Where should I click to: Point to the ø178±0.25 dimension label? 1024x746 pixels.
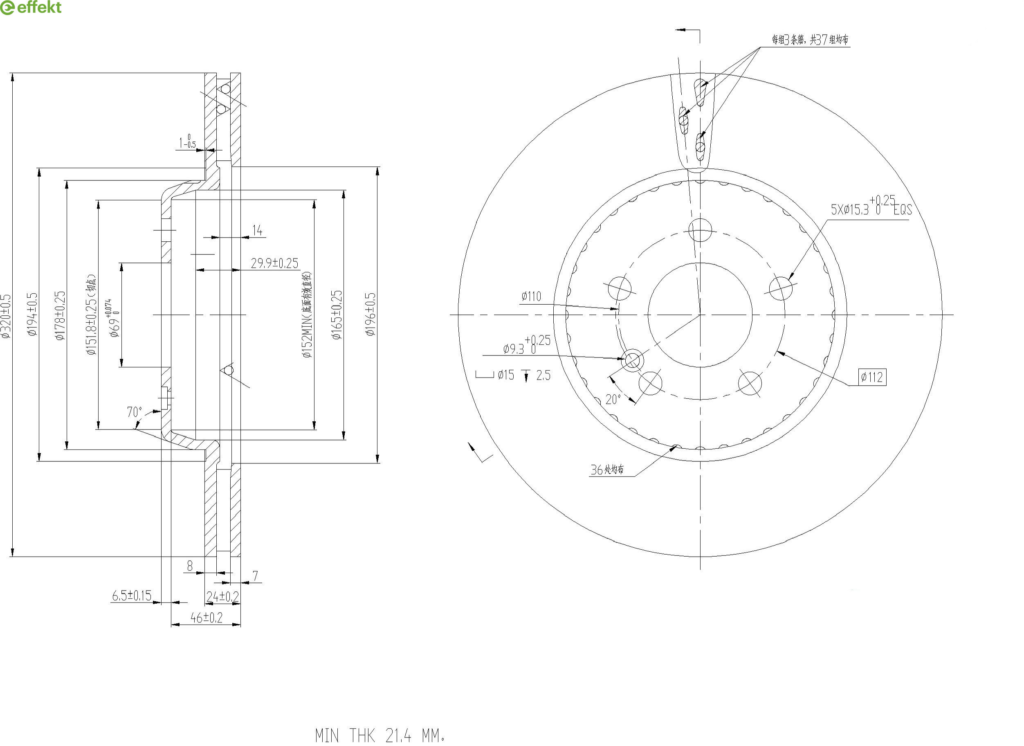[x=60, y=315]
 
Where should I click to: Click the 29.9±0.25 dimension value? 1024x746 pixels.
[x=274, y=263]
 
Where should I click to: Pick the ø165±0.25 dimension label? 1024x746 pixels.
[x=337, y=315]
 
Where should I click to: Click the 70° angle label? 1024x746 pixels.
[x=134, y=412]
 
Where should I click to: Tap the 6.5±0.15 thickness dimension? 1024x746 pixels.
[x=132, y=595]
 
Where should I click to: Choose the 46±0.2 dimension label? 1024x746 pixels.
[x=207, y=618]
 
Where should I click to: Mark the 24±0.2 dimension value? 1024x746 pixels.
[x=222, y=597]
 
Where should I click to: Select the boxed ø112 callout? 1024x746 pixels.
[x=872, y=377]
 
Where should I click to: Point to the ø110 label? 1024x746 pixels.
[x=531, y=297]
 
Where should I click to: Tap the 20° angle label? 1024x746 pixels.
[x=613, y=399]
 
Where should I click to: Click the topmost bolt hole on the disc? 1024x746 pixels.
[x=700, y=230]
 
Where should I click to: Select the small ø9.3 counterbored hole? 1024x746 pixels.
[x=632, y=360]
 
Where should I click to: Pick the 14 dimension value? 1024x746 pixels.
[x=257, y=231]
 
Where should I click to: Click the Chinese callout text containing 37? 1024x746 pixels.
[x=810, y=40]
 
